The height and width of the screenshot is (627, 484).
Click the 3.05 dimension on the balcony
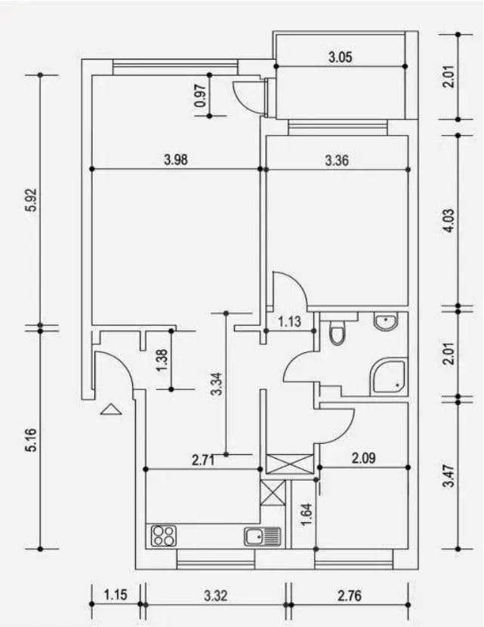tap(341, 57)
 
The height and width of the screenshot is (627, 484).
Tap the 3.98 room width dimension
tap(175, 159)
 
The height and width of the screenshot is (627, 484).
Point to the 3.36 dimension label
tap(337, 160)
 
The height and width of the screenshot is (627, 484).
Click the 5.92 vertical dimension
tap(31, 200)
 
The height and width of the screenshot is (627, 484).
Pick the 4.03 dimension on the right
tap(449, 221)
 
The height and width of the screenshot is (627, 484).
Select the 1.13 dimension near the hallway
tap(289, 322)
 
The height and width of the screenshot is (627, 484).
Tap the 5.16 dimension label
tap(31, 440)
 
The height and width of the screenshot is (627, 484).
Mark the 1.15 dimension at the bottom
tap(116, 595)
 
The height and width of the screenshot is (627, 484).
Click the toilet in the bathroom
tap(337, 332)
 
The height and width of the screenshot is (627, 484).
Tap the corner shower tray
tap(390, 377)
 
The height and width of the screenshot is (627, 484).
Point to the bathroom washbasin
tap(385, 323)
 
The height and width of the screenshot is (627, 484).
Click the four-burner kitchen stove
tap(164, 536)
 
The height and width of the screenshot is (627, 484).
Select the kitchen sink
tap(262, 536)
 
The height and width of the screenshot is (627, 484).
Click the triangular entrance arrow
tap(111, 410)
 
